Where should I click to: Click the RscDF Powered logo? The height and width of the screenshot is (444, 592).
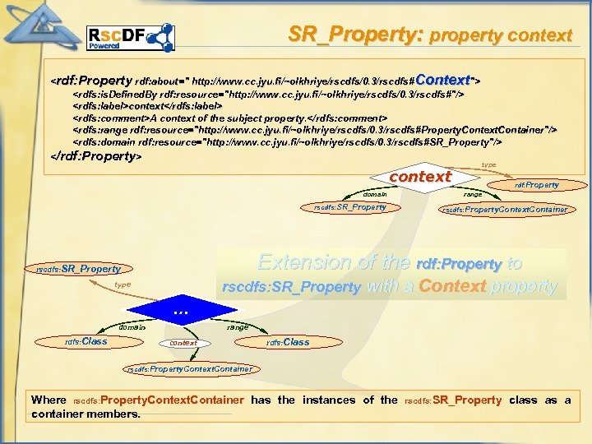[131, 38]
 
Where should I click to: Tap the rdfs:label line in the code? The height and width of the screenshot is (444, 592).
[148, 106]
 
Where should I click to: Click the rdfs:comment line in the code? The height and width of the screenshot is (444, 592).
[230, 118]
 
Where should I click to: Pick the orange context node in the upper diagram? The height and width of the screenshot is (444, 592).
[420, 177]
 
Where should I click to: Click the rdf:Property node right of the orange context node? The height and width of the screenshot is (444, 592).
[536, 185]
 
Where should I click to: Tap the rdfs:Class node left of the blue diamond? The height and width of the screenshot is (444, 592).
[86, 341]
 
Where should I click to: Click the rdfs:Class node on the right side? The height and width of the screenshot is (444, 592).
[288, 342]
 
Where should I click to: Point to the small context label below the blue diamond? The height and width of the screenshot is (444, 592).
[183, 343]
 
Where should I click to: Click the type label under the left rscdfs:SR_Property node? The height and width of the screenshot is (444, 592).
[123, 284]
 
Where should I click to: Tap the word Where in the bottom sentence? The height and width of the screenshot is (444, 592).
[49, 400]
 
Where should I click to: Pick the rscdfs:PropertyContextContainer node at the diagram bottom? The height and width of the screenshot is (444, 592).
[189, 369]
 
